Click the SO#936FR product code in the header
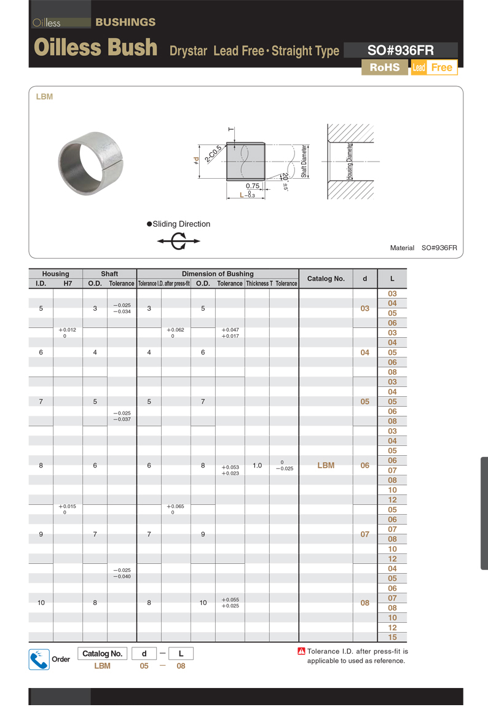pyautogui.click(x=400, y=50)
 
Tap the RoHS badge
pyautogui.click(x=384, y=68)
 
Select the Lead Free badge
pyautogui.click(x=434, y=68)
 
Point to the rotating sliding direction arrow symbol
pyautogui.click(x=179, y=241)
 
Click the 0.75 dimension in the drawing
pyautogui.click(x=252, y=186)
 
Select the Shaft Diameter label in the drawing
pyautogui.click(x=304, y=161)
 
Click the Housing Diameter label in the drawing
pyautogui.click(x=350, y=162)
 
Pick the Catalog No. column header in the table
pyautogui.click(x=326, y=278)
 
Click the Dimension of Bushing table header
pyautogui.click(x=218, y=274)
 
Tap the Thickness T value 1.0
pyautogui.click(x=257, y=466)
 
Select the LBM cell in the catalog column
pyautogui.click(x=326, y=466)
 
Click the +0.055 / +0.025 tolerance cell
pyautogui.click(x=230, y=603)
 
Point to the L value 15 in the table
pyautogui.click(x=392, y=638)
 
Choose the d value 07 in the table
pyautogui.click(x=365, y=534)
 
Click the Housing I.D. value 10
pyautogui.click(x=41, y=603)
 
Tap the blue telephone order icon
pyautogui.click(x=39, y=659)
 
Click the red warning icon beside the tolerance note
pyautogui.click(x=301, y=652)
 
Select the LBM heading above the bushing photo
pyautogui.click(x=45, y=97)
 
